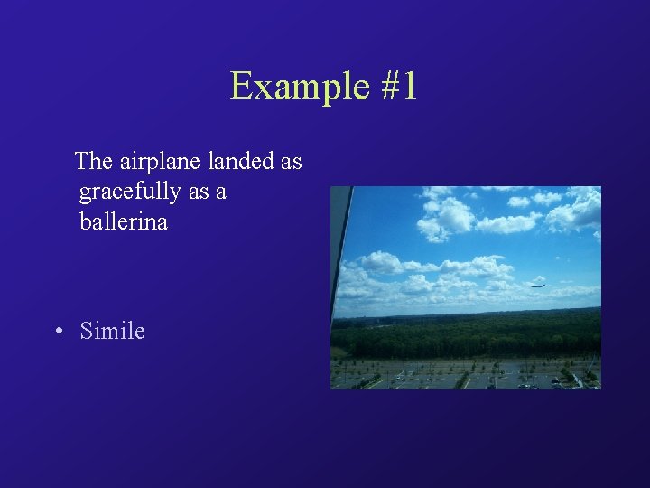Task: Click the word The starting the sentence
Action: point(93,162)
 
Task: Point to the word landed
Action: point(241,162)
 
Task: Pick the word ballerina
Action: point(124,221)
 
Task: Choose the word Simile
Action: point(112,331)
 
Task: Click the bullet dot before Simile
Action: point(59,332)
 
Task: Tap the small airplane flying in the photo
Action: point(538,285)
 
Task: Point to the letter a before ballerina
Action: point(221,193)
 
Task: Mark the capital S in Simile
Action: point(87,331)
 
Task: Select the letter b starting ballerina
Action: point(85,221)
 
